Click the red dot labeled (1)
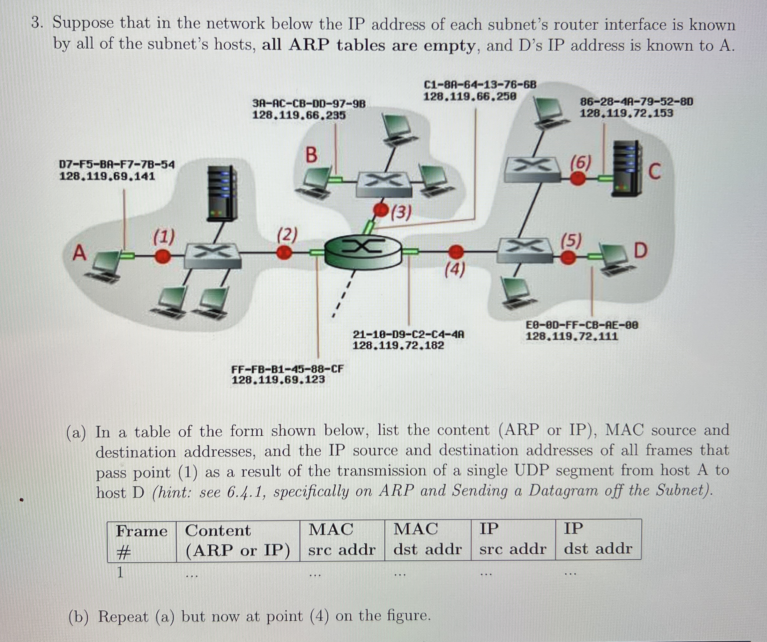pos(162,256)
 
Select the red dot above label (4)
pos(456,252)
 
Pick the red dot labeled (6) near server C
pos(578,179)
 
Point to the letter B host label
pos(311,155)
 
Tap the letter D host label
pos(640,251)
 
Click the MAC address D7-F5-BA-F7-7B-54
pos(117,165)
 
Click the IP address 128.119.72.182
pos(398,345)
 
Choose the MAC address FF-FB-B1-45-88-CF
pos(287,369)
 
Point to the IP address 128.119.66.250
pos(470,97)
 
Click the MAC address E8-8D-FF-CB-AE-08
pos(582,325)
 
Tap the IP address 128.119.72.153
pos(626,113)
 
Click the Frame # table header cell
pos(141,541)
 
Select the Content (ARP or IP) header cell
pos(237,541)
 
